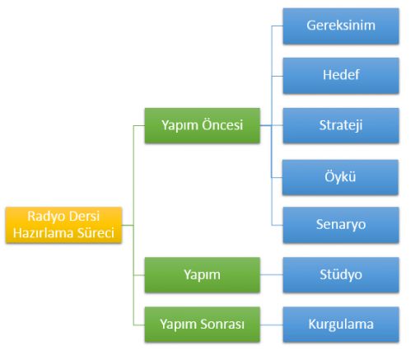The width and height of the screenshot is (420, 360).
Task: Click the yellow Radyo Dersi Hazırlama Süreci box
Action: coord(63,225)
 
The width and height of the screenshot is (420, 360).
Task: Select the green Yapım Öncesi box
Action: coord(203,125)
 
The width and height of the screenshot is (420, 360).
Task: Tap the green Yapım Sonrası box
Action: coord(203,325)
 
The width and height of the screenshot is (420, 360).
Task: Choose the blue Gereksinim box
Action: coord(341,26)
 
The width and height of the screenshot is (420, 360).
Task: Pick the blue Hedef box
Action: coord(341,76)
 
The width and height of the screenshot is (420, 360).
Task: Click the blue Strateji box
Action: coord(341,125)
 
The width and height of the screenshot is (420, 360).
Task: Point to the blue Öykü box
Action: coord(340,177)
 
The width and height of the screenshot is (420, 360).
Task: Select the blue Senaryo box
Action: coord(341,225)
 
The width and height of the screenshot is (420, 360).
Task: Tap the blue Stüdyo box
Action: coord(341,274)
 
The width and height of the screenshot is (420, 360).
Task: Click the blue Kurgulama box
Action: coord(341,325)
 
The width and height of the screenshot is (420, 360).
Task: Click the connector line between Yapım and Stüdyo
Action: coord(272,274)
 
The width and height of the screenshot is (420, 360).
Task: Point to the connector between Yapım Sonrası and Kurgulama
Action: coord(272,325)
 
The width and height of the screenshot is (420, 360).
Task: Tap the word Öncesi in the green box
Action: coord(222,125)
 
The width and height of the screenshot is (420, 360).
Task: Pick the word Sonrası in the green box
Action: coord(222,324)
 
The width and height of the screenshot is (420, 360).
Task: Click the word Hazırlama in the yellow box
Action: coord(44,233)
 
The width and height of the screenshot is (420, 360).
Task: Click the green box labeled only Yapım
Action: coord(203,274)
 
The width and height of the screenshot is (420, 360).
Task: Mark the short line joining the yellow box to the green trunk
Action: coord(128,225)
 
